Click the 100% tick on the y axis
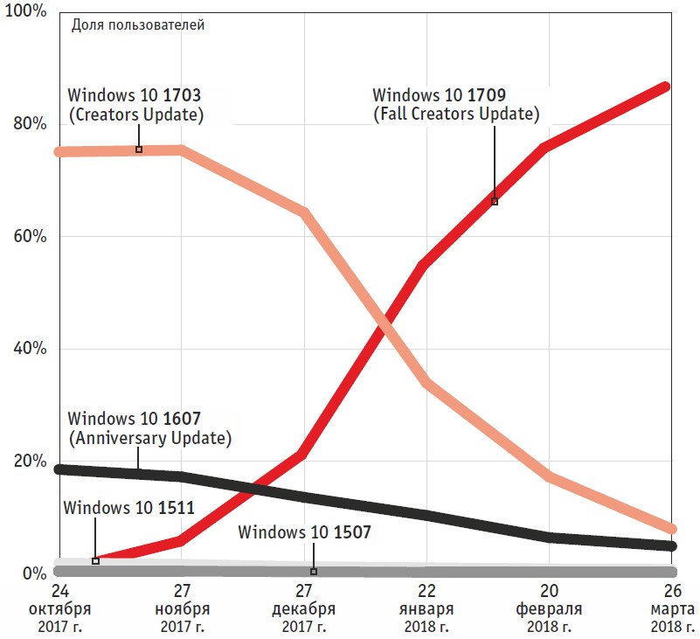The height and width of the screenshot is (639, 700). tap(26, 13)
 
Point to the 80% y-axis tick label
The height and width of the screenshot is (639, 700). tap(29, 124)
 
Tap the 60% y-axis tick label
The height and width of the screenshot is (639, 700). tap(29, 237)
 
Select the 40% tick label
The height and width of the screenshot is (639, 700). tap(29, 350)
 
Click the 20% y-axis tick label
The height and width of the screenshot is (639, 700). tap(29, 462)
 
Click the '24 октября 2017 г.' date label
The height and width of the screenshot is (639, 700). tap(57, 608)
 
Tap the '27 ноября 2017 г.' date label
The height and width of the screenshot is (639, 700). tap(181, 608)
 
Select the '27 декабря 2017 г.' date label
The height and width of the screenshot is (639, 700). tap(303, 608)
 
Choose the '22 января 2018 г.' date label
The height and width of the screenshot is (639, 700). tap(426, 608)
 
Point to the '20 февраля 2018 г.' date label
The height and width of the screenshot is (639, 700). tap(550, 608)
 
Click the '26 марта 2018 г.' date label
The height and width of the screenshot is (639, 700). tap(672, 608)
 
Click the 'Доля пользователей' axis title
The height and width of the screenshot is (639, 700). tap(137, 25)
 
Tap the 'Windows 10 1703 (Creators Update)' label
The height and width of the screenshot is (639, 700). tap(138, 104)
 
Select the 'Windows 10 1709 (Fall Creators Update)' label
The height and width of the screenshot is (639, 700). tap(455, 104)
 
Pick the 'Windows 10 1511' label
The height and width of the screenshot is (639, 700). tap(128, 506)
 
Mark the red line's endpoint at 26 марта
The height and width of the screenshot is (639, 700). tap(666, 87)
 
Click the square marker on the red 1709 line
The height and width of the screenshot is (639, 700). tap(495, 201)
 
